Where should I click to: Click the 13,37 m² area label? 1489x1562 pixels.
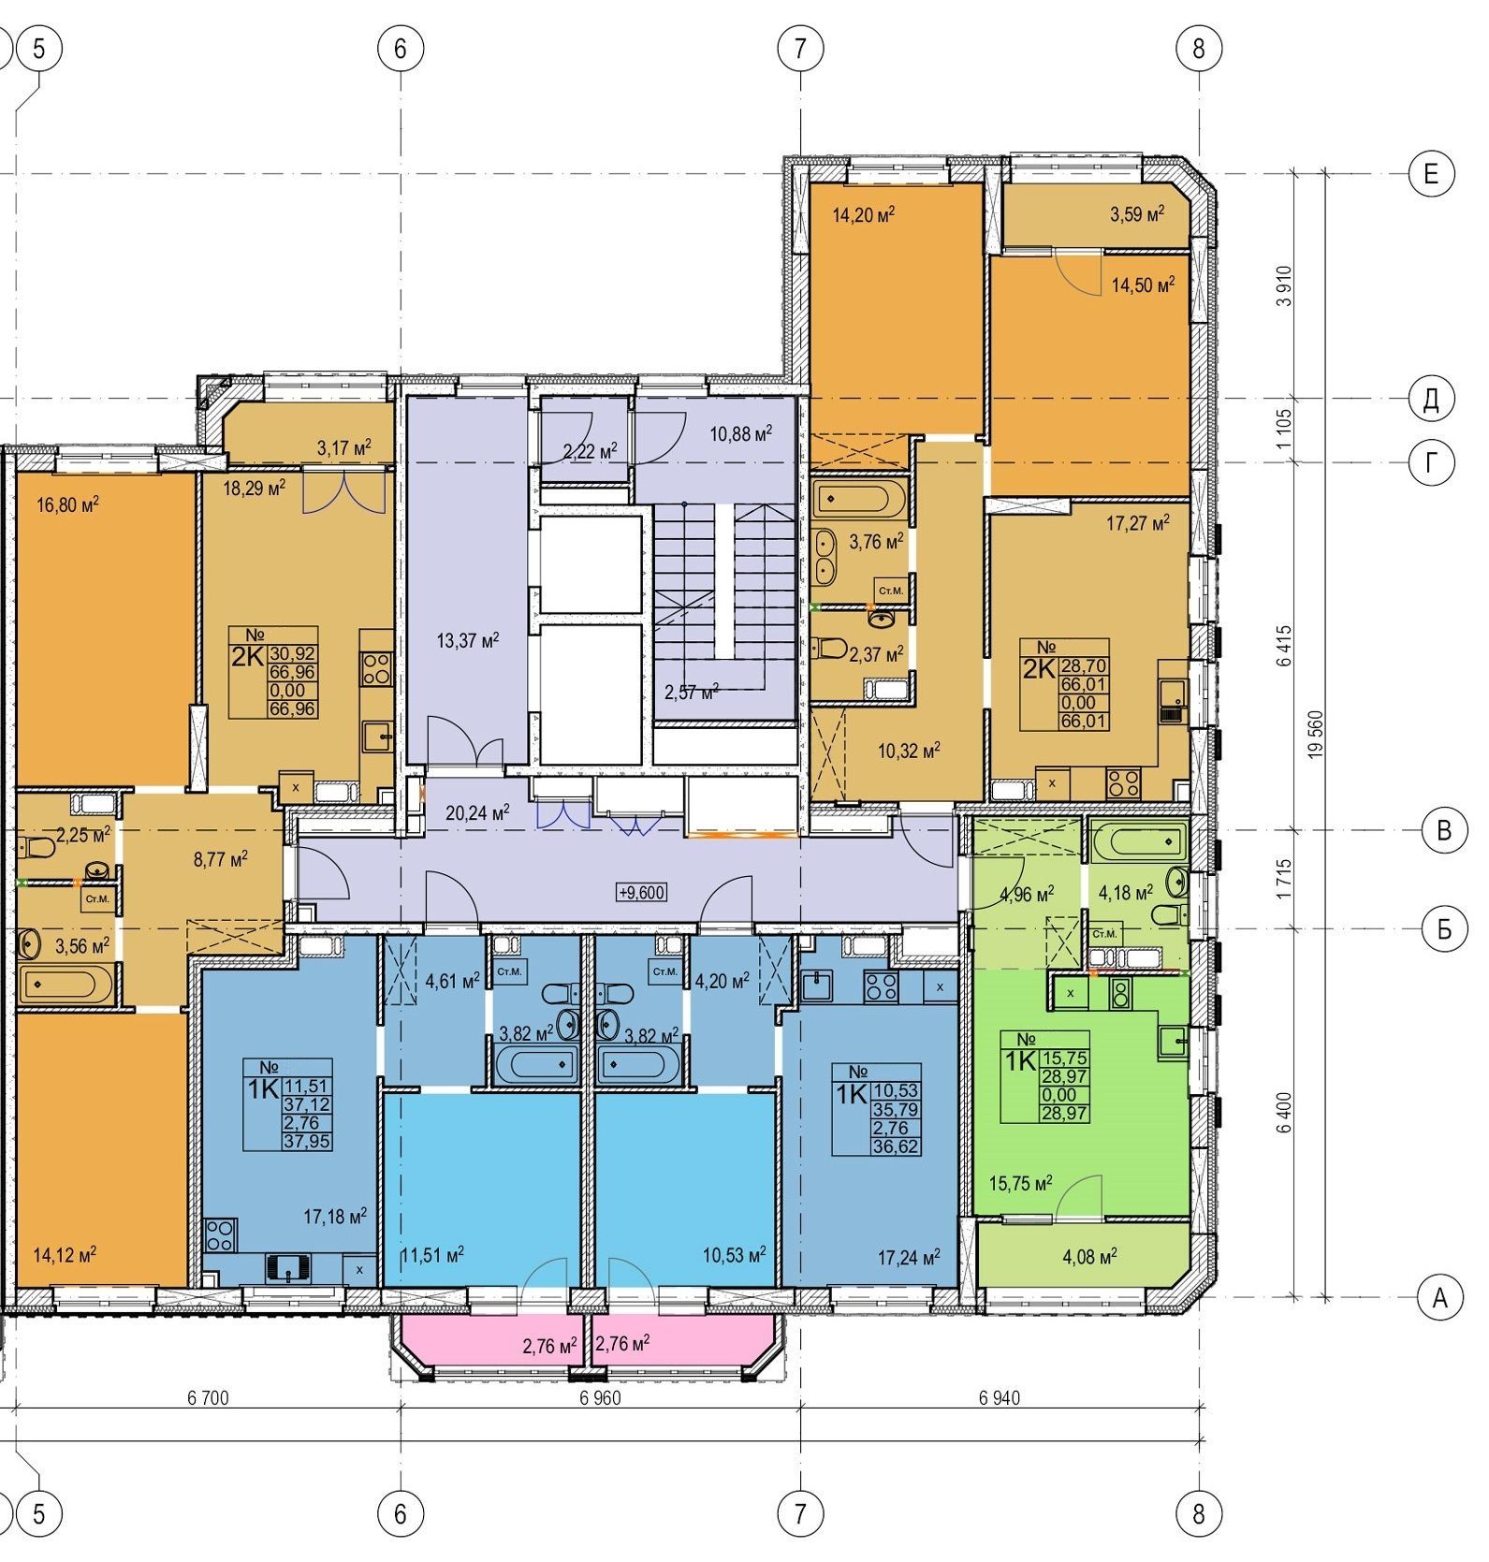tap(468, 641)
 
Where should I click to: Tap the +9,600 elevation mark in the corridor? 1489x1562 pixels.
tap(641, 893)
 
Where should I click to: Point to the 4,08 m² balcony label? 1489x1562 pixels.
tap(1088, 1256)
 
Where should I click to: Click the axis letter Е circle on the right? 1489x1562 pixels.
tap(1431, 174)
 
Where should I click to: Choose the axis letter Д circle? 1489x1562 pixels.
tap(1431, 401)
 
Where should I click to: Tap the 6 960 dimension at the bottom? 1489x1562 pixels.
tap(600, 1398)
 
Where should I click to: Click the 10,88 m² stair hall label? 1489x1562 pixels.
tap(740, 433)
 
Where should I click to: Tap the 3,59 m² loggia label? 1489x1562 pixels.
tap(1137, 214)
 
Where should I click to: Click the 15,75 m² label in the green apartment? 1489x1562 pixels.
tap(1020, 1184)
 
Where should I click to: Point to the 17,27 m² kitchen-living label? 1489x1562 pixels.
tap(1138, 524)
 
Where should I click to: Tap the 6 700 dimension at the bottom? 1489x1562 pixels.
tap(208, 1398)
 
